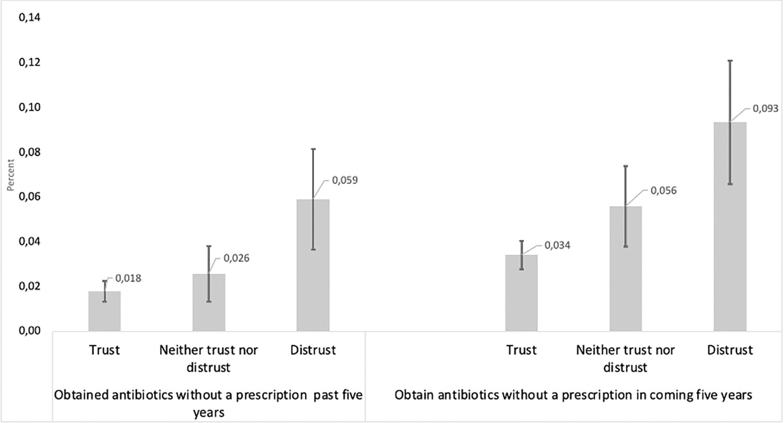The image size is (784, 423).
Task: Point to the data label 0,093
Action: click(765, 109)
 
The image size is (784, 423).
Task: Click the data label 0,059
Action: click(344, 181)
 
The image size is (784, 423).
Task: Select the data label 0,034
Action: click(557, 245)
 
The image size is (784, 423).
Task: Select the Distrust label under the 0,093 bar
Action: click(730, 350)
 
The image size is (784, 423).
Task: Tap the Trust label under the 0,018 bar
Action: click(105, 350)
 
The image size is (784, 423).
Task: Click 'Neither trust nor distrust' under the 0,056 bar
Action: click(625, 358)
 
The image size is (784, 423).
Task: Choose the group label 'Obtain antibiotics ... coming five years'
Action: click(573, 395)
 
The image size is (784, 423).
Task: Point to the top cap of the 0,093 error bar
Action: click(730, 61)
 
